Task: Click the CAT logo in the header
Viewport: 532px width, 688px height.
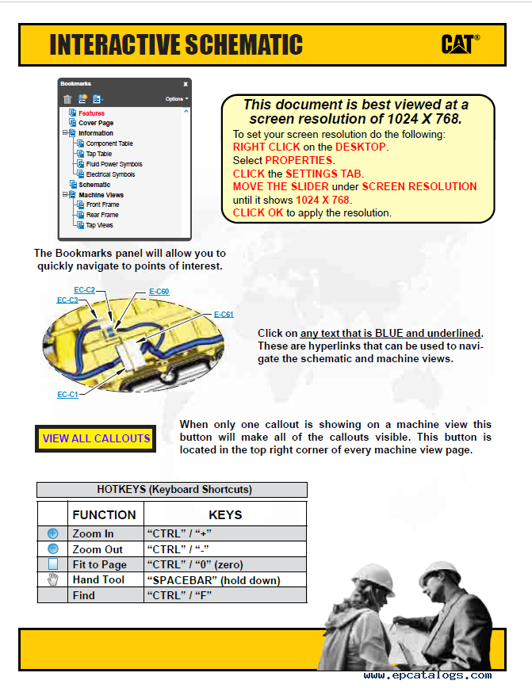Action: [460, 44]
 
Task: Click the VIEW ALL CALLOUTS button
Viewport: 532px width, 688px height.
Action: [96, 438]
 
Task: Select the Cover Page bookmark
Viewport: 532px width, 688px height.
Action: [95, 123]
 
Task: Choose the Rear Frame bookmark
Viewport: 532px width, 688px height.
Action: [102, 215]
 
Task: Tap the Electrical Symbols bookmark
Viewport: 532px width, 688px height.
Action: [110, 174]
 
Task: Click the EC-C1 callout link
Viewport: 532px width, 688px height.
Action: [67, 394]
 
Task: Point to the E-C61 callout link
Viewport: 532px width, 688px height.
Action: [224, 315]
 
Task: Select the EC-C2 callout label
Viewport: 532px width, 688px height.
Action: [84, 290]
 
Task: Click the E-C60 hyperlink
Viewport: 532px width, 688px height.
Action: [159, 292]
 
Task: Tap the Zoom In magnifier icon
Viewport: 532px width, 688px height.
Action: [53, 534]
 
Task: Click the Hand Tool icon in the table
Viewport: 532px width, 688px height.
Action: [53, 580]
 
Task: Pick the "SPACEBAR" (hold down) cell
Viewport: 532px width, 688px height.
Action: [212, 580]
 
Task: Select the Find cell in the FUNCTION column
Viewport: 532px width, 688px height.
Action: [83, 595]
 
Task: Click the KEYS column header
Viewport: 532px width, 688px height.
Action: [225, 514]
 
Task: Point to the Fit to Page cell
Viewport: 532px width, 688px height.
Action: [99, 564]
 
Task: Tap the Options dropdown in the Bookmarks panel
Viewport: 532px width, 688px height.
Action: [176, 99]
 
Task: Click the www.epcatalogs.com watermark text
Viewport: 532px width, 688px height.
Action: [427, 675]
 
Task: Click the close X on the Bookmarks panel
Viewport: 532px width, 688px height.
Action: [186, 83]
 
